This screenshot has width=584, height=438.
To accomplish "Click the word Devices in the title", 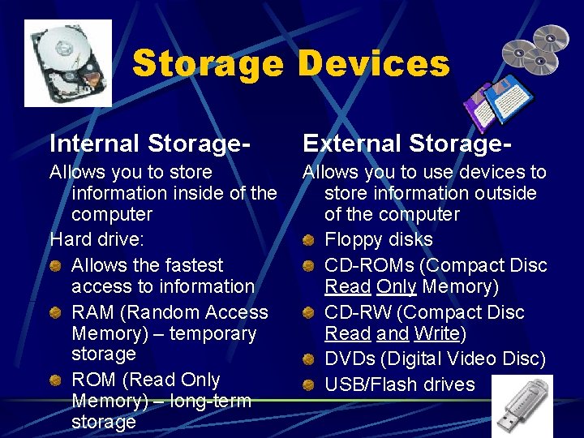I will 373,63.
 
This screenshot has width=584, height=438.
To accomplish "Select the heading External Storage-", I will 407,144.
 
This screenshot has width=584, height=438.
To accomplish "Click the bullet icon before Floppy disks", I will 308,240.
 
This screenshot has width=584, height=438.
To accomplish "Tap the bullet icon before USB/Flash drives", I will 308,384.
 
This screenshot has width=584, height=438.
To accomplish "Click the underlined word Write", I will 436,333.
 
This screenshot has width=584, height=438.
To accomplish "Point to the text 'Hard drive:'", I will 97,239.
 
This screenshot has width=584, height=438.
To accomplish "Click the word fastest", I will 184,265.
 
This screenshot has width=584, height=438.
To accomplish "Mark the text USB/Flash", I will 365,384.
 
